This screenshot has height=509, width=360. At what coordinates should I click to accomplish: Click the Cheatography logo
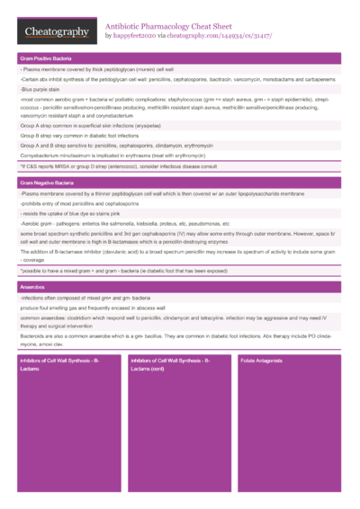tap(56, 32)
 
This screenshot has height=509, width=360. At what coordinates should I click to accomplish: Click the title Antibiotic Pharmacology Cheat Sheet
tap(170, 27)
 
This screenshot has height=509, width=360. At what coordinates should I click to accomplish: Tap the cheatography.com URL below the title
tap(220, 37)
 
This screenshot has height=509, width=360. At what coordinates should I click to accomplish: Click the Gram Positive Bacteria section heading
tap(49, 58)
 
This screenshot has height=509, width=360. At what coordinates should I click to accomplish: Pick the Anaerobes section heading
tap(34, 286)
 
